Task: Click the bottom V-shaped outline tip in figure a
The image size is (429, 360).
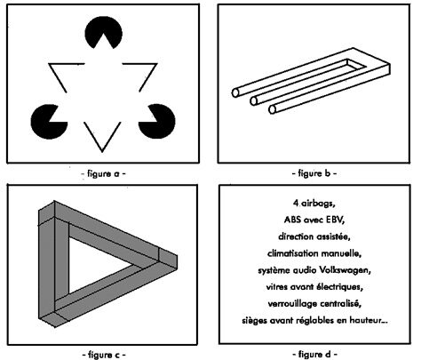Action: [102, 152]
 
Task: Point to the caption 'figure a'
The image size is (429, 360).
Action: [103, 173]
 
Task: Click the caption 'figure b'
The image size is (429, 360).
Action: [314, 173]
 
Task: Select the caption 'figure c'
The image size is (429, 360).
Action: [103, 355]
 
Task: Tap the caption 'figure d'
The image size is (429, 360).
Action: [315, 354]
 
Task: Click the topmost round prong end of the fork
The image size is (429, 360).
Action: [235, 92]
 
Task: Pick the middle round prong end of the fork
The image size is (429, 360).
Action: [253, 101]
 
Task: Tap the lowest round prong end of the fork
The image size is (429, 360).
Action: [273, 109]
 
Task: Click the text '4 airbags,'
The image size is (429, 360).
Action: [314, 204]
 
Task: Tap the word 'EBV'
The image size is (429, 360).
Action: [335, 220]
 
